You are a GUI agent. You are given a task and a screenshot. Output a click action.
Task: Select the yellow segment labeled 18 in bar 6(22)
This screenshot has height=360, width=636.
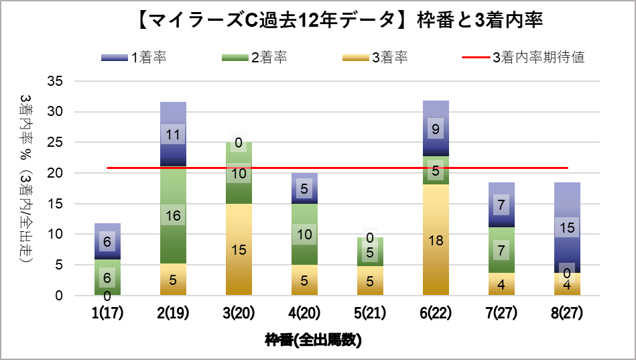click(436, 240)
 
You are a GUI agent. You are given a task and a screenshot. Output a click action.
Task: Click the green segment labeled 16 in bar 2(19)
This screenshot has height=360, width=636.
click(173, 216)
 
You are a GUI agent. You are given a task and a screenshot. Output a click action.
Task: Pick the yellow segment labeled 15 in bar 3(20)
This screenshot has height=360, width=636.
click(239, 249)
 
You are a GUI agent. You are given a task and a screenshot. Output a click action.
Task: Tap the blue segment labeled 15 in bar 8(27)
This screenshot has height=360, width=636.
click(567, 228)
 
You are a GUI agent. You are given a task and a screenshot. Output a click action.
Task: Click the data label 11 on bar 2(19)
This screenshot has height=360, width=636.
click(173, 134)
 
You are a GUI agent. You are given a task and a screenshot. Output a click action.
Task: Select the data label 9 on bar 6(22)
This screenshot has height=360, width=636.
click(436, 129)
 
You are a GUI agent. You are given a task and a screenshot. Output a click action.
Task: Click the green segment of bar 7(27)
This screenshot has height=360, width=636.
click(501, 250)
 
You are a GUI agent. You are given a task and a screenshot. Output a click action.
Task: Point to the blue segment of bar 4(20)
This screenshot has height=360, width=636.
click(304, 188)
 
